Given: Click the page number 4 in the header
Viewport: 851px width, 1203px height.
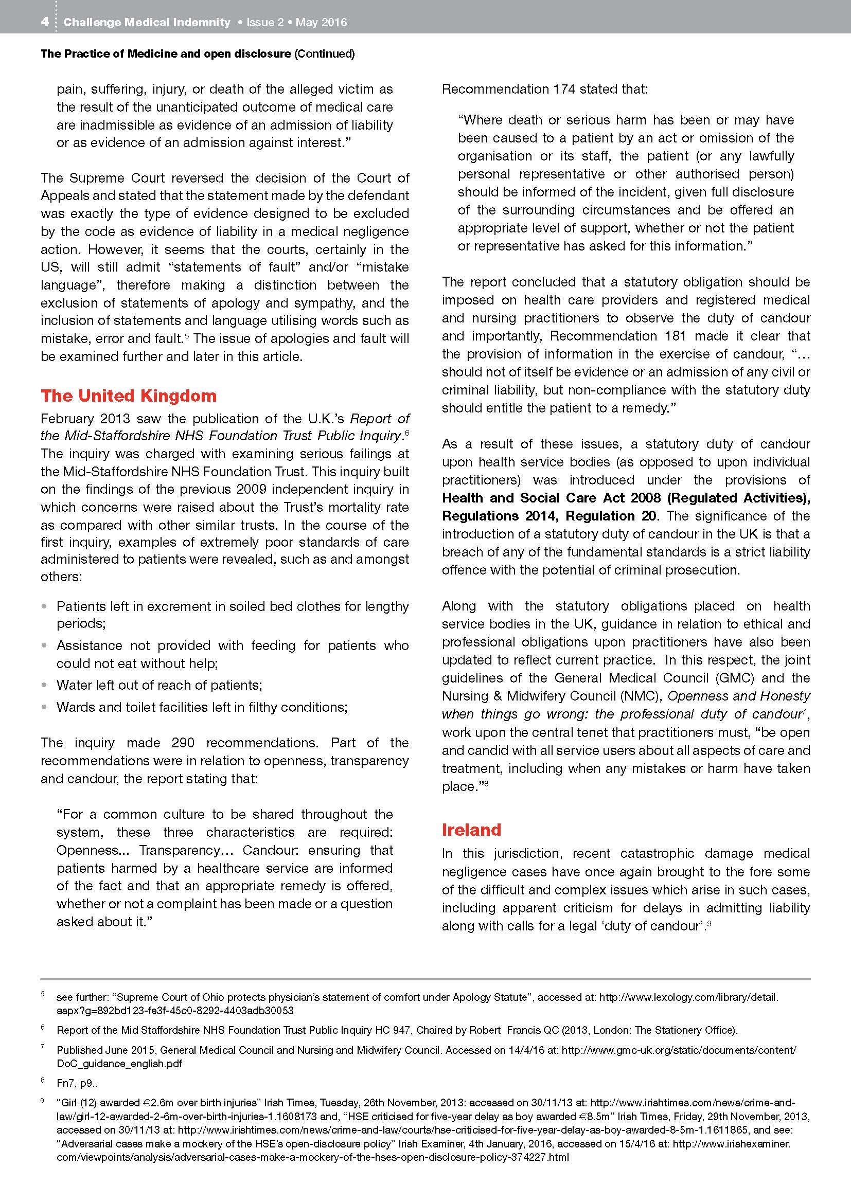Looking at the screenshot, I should pos(45,22).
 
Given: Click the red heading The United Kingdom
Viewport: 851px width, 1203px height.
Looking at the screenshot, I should pos(129,396).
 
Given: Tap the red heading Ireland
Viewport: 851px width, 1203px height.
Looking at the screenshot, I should pos(471,830).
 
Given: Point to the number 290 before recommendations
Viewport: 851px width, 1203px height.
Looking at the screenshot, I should pos(183,743).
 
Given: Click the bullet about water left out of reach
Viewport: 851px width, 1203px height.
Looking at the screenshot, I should pos(159,685).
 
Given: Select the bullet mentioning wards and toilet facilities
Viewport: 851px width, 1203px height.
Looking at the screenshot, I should pos(202,707).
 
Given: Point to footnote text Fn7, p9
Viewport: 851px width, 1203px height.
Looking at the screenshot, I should pos(77,1083).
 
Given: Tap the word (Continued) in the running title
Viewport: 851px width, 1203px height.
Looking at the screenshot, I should pos(325,53).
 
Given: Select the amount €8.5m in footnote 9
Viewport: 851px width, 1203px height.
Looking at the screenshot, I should pos(590,1116).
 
